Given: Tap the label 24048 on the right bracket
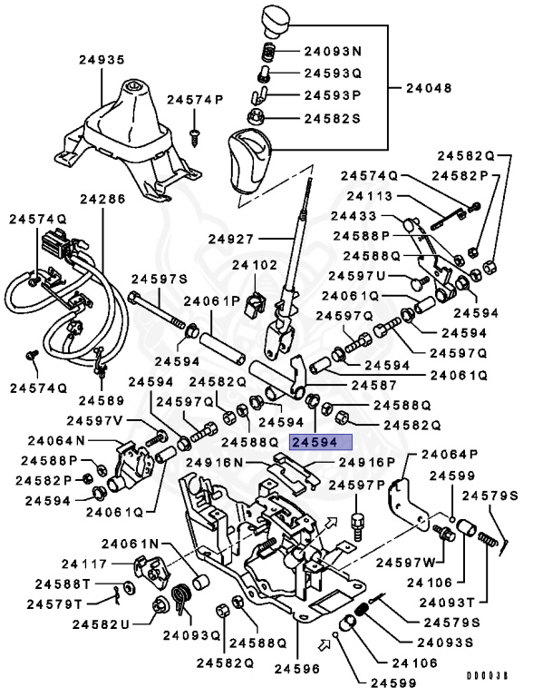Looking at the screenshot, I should click(429, 89).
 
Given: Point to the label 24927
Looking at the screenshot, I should click(233, 240).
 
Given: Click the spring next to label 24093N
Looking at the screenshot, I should click(268, 51).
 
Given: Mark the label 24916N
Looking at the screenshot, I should click(215, 462).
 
